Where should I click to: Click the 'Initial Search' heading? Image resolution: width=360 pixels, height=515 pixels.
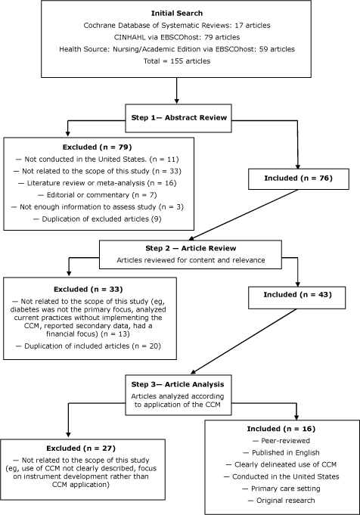point(175,14)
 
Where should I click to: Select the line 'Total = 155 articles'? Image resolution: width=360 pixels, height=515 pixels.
point(175,60)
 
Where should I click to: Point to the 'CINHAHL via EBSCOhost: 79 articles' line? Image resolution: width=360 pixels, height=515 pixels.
point(175,38)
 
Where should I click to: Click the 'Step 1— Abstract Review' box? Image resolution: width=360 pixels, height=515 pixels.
point(175,118)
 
